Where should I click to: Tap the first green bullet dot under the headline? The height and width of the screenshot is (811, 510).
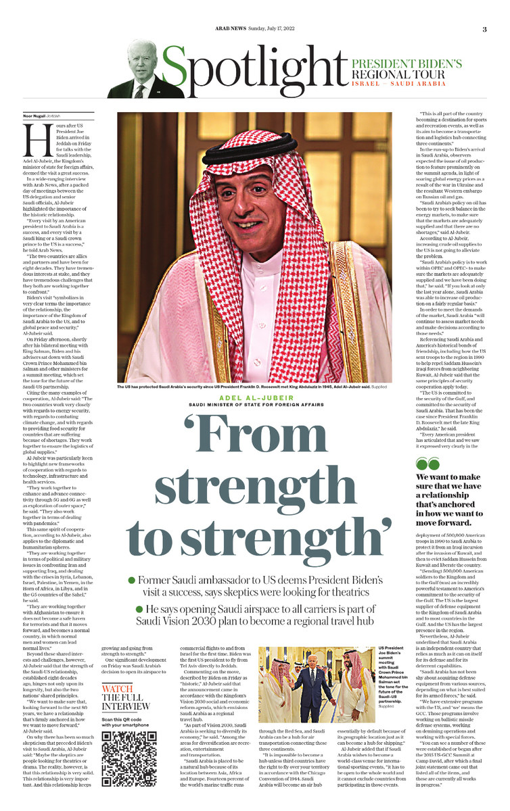pyautogui.click(x=131, y=581)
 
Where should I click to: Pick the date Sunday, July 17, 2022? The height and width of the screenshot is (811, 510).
pyautogui.click(x=266, y=29)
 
